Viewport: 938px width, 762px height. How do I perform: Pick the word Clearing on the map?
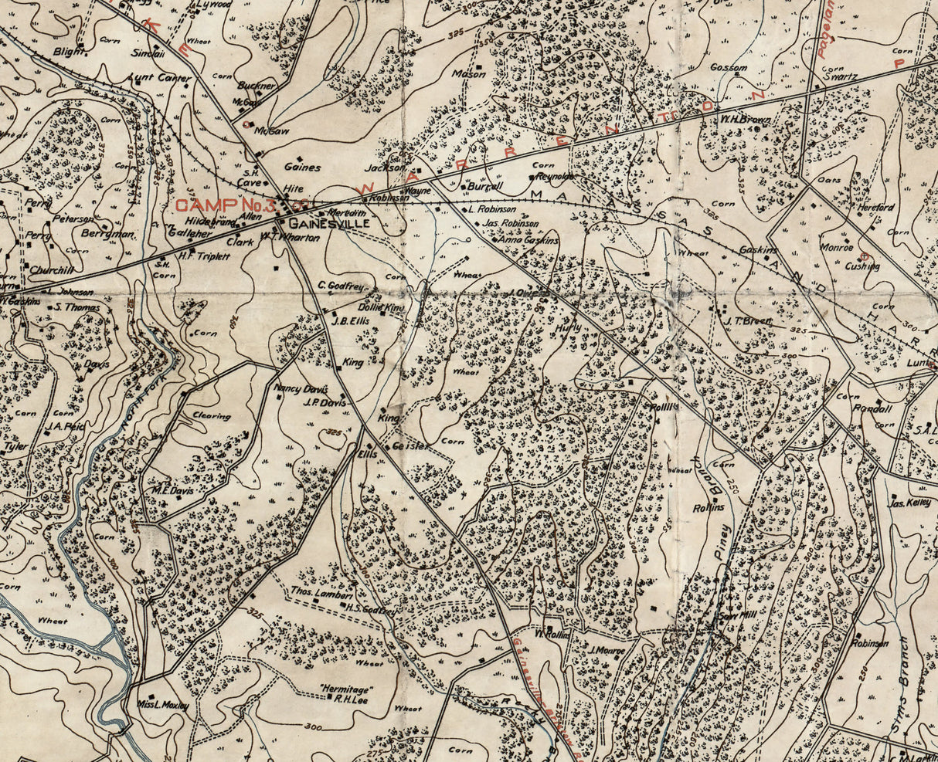pyautogui.click(x=211, y=416)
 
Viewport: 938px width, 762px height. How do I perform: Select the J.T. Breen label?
pyautogui.click(x=743, y=321)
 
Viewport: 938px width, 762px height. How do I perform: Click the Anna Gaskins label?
pyautogui.click(x=529, y=241)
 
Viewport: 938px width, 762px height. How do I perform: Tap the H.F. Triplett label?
pyautogui.click(x=205, y=256)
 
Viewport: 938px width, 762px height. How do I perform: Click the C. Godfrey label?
pyautogui.click(x=341, y=286)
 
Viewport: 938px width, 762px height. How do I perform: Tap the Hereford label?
pyautogui.click(x=875, y=208)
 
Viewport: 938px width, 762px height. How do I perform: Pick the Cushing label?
pyautogui.click(x=862, y=266)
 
